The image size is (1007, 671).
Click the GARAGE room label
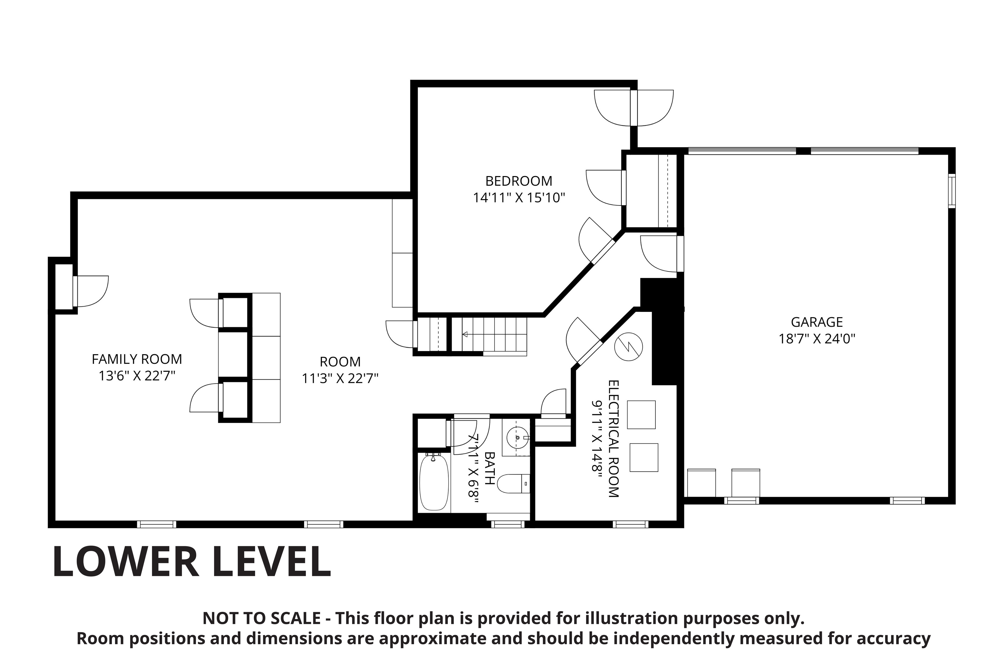pyautogui.click(x=817, y=322)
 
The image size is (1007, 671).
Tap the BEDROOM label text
pyautogui.click(x=519, y=181)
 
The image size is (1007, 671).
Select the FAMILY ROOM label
pyautogui.click(x=137, y=359)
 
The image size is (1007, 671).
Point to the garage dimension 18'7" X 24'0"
pyautogui.click(x=817, y=339)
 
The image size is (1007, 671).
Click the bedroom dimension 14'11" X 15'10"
pyautogui.click(x=519, y=198)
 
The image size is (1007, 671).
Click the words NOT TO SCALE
pyautogui.click(x=261, y=618)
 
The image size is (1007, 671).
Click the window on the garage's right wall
pyautogui.click(x=952, y=191)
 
